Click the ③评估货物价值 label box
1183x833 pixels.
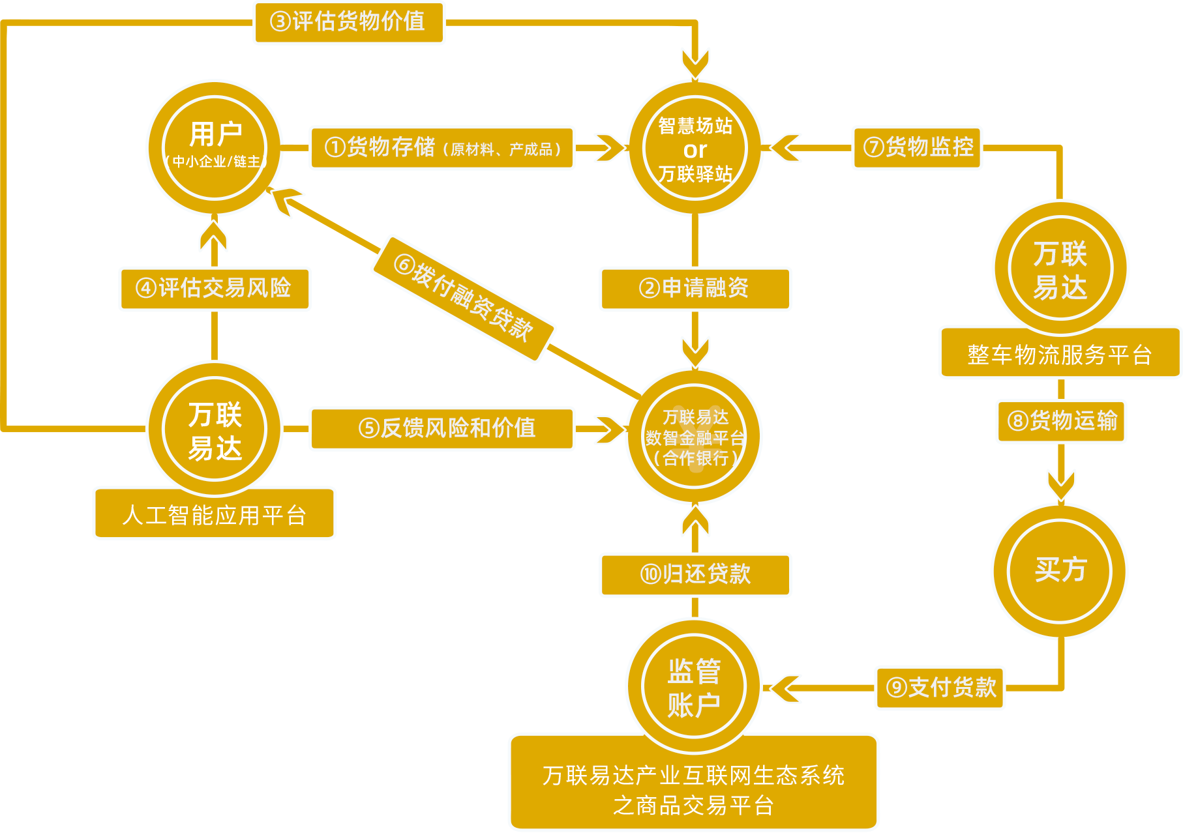(348, 22)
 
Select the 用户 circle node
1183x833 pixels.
(215, 148)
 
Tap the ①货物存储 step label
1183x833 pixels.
(442, 148)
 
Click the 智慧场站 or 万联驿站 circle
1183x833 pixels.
(695, 149)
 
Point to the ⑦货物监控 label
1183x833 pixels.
(916, 148)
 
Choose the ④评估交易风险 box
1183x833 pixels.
(215, 288)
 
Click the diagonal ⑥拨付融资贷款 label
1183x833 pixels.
(464, 298)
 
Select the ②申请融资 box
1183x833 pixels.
(695, 288)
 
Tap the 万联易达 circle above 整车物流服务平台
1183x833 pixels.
(1060, 269)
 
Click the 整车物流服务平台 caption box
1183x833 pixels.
(1060, 354)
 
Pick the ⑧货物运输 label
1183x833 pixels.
(1061, 421)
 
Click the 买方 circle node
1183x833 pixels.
(1060, 570)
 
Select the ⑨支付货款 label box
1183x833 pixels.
(940, 688)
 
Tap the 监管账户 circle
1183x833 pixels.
(694, 687)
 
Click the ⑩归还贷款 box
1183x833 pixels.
(695, 574)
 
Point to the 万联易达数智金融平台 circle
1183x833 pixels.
(695, 437)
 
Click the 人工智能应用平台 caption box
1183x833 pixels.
(215, 514)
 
